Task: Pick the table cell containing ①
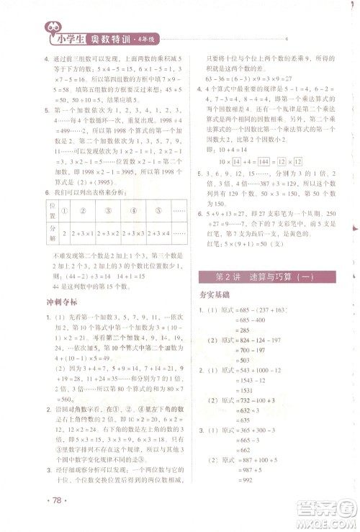(x=64, y=212)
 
